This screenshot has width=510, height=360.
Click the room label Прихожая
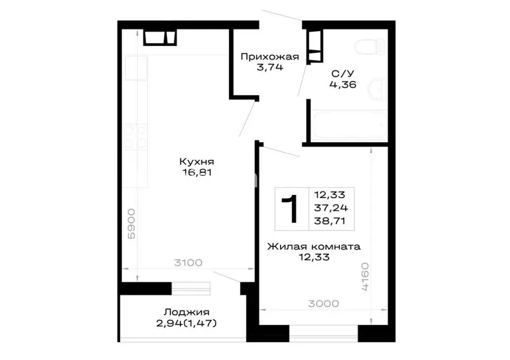(270, 57)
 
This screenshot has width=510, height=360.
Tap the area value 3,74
(270, 68)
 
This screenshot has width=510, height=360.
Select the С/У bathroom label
(342, 74)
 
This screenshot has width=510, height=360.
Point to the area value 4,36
(343, 85)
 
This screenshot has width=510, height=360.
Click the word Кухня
(197, 162)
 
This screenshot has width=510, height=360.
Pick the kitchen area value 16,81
(197, 173)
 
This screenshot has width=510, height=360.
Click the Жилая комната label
(314, 247)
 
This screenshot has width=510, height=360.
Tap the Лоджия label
(186, 312)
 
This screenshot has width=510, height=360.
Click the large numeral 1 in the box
(291, 209)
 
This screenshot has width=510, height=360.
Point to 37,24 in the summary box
(331, 208)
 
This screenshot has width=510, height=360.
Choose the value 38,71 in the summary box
(330, 221)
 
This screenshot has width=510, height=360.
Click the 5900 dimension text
(131, 224)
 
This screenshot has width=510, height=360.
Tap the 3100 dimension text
(188, 263)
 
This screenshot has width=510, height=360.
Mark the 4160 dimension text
(365, 277)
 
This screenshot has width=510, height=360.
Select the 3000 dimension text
(324, 304)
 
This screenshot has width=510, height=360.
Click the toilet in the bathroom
(370, 47)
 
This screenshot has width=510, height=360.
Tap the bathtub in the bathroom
(349, 125)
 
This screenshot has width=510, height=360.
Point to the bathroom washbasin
(377, 89)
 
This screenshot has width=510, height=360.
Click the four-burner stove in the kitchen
(135, 136)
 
